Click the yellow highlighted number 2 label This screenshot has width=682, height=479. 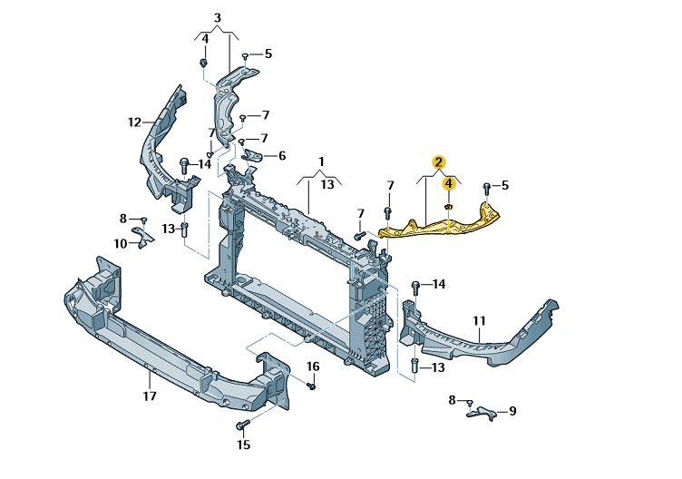tap(438, 162)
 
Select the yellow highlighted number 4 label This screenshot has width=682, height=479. tap(448, 183)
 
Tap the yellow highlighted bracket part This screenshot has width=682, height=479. tap(439, 225)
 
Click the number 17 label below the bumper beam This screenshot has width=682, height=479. tap(149, 396)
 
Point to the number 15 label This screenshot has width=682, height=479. tap(244, 445)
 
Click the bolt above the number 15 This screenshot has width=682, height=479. tap(243, 425)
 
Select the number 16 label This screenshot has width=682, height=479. tap(313, 367)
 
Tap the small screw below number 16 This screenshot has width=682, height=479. tap(311, 386)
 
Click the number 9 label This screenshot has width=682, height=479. tap(512, 411)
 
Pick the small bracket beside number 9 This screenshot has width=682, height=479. tap(482, 413)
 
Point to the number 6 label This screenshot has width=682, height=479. tap(282, 155)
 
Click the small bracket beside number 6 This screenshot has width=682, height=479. tap(252, 156)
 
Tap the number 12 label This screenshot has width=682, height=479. tap(134, 122)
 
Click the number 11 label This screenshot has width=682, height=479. tap(479, 320)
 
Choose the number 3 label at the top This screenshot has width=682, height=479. tap(218, 18)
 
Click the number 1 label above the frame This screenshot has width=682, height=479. tap(321, 161)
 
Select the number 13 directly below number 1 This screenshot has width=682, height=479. tap(327, 184)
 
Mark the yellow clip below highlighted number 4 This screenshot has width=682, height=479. tap(448, 206)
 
